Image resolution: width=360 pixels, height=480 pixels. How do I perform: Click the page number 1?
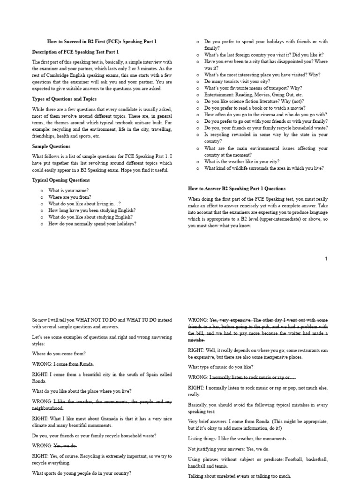coord(326,259)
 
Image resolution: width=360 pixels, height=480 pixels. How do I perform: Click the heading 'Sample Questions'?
coord(51,146)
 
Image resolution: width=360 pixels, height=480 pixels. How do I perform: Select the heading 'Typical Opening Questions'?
coord(61,180)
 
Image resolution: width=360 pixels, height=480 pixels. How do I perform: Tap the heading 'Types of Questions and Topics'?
coord(64,99)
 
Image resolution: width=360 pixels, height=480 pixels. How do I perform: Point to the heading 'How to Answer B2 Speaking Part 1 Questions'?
coord(237,188)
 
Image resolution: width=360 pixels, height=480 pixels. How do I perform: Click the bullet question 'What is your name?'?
coord(68,191)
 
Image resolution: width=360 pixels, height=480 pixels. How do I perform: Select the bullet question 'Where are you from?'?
coord(69,197)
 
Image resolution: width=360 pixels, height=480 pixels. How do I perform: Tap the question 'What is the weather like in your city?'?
coord(242,161)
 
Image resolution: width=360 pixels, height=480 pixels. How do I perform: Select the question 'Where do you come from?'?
coord(59,353)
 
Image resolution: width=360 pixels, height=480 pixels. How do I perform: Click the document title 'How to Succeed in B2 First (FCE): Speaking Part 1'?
coord(103,41)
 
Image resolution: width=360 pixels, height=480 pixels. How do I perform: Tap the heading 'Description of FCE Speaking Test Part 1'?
coord(75,52)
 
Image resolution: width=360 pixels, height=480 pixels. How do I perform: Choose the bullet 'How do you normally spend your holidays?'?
coord(92,224)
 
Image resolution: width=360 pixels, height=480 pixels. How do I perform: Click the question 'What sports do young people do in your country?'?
coord(82,473)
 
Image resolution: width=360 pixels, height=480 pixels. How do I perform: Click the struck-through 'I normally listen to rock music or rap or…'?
coord(253,377)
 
